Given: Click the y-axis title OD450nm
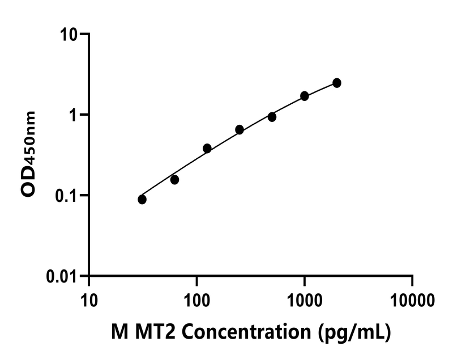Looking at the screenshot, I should (28, 154).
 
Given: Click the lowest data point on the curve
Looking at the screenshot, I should (142, 199).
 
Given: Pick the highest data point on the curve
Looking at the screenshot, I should (337, 83).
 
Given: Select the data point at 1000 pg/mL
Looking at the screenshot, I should (305, 96).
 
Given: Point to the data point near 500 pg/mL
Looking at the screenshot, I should (272, 117).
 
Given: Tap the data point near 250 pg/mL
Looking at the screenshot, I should (239, 129).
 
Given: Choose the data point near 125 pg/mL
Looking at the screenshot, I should (207, 148).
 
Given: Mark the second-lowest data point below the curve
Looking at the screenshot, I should (174, 180).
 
